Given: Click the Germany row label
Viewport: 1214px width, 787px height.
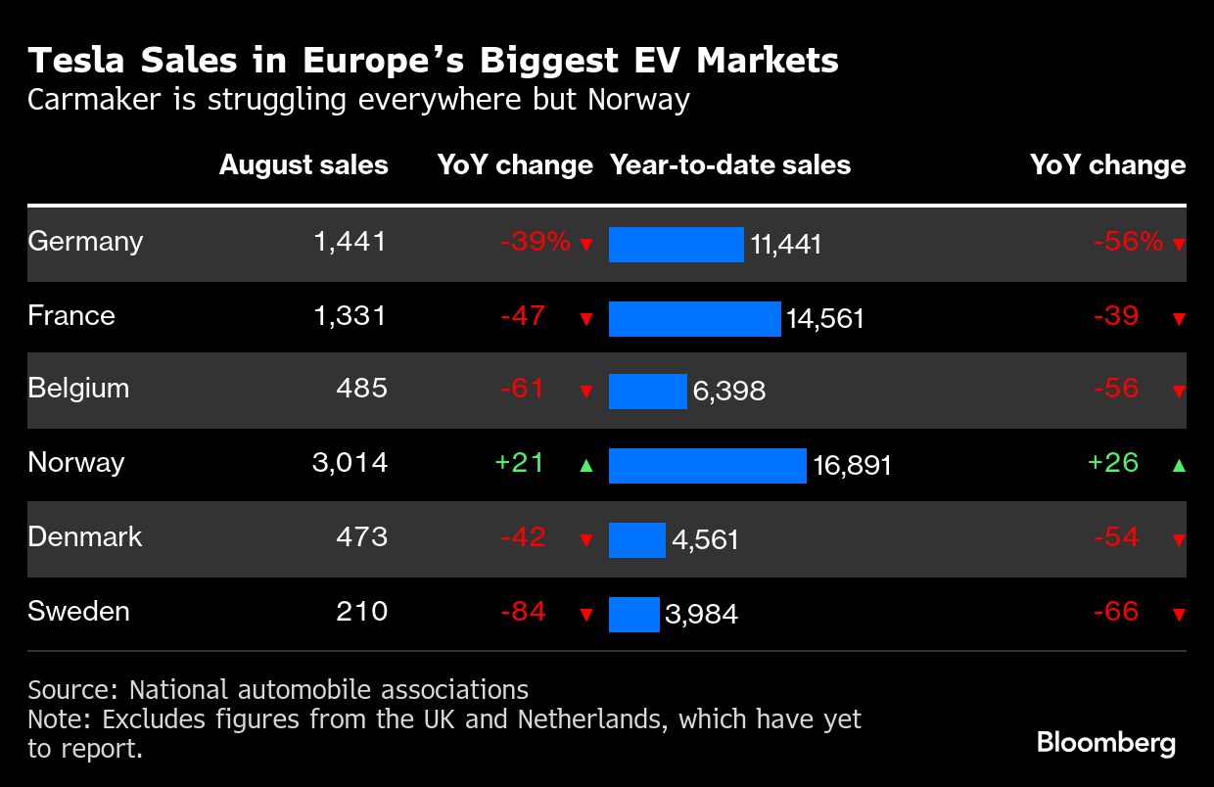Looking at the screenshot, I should point(85,242).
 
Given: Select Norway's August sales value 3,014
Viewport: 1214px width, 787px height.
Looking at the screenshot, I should point(350,463).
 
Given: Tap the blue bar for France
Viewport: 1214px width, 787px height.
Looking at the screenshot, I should point(694,319).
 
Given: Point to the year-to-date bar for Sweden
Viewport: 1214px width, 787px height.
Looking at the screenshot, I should point(633,615).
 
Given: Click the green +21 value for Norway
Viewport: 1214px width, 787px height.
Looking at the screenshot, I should point(520,463).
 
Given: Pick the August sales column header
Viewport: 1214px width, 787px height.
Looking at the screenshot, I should point(303,165).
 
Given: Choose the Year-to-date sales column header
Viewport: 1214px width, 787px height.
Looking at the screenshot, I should point(730,165).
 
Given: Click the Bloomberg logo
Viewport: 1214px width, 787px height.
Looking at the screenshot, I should point(1105,743).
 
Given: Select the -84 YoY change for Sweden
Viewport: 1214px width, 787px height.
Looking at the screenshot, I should point(523,612).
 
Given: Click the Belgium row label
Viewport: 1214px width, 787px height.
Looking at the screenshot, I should point(78,389).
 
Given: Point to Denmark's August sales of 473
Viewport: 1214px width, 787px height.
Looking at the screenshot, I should point(361,537).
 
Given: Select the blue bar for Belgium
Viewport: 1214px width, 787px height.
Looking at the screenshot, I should point(647,392).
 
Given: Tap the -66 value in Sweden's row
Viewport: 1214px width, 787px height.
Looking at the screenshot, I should point(1116,612).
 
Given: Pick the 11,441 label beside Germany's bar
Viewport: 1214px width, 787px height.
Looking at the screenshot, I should point(785,245).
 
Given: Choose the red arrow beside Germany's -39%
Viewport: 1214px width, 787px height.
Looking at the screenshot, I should point(586,245).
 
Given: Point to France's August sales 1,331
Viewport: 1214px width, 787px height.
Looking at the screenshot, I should point(350,316).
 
